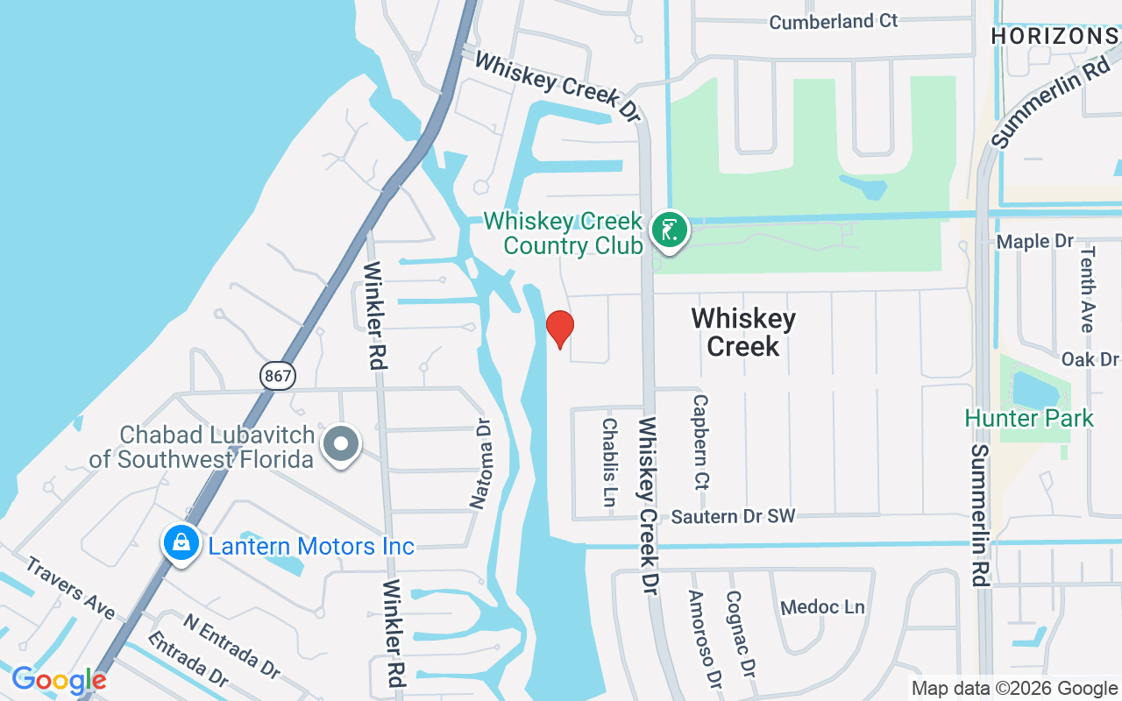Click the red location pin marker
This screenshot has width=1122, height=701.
559,329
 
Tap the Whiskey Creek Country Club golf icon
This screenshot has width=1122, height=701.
670,231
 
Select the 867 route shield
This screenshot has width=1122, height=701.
277,376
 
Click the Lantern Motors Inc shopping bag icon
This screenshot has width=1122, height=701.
181,542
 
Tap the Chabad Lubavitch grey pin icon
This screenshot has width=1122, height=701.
341,444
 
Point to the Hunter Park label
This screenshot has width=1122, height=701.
1029,418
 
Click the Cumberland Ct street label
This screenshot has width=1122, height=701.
834,21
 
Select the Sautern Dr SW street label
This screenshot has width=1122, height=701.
733,516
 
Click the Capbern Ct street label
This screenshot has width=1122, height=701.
700,441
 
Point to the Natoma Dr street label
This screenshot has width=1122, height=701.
480,464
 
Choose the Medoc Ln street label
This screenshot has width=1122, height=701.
822,607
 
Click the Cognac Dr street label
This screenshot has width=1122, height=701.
740,633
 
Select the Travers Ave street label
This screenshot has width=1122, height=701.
69,586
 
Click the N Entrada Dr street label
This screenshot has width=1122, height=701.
231,646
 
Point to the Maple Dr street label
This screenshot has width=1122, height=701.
1035,241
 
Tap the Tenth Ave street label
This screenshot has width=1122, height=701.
1088,288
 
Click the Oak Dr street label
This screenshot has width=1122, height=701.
1090,359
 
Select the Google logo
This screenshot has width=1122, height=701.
59,680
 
